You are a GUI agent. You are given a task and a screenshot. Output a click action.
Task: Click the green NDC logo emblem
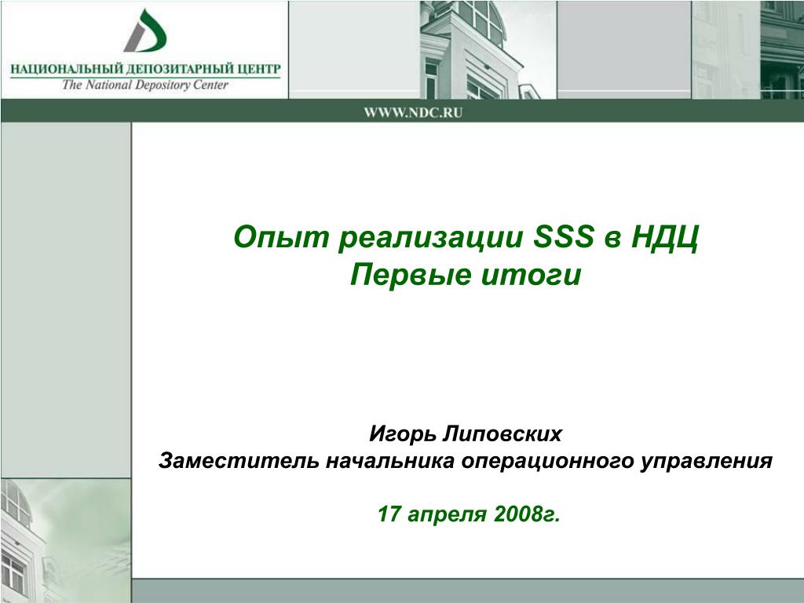pyautogui.click(x=145, y=31)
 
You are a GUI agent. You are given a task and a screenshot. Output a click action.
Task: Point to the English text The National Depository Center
pyautogui.click(x=145, y=85)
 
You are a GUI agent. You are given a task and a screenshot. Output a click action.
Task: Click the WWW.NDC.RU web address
pyautogui.click(x=413, y=113)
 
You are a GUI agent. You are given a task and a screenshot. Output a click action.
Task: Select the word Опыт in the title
pyautogui.click(x=280, y=238)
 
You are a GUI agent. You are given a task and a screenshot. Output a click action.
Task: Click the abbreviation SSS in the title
pyautogui.click(x=564, y=237)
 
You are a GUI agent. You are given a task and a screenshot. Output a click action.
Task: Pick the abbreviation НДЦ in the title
pyautogui.click(x=665, y=238)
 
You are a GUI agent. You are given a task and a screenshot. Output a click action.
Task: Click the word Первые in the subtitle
pyautogui.click(x=410, y=275)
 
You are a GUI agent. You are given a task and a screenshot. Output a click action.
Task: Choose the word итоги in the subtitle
pyautogui.click(x=532, y=275)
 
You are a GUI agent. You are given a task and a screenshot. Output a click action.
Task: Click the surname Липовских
pyautogui.click(x=501, y=433)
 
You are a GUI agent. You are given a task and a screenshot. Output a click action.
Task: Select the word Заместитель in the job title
pyautogui.click(x=240, y=460)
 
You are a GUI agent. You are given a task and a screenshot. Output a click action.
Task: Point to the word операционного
pyautogui.click(x=546, y=462)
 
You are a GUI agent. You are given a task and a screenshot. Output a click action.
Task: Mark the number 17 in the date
pyautogui.click(x=389, y=513)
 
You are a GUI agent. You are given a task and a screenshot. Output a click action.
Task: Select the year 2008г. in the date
pyautogui.click(x=527, y=513)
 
